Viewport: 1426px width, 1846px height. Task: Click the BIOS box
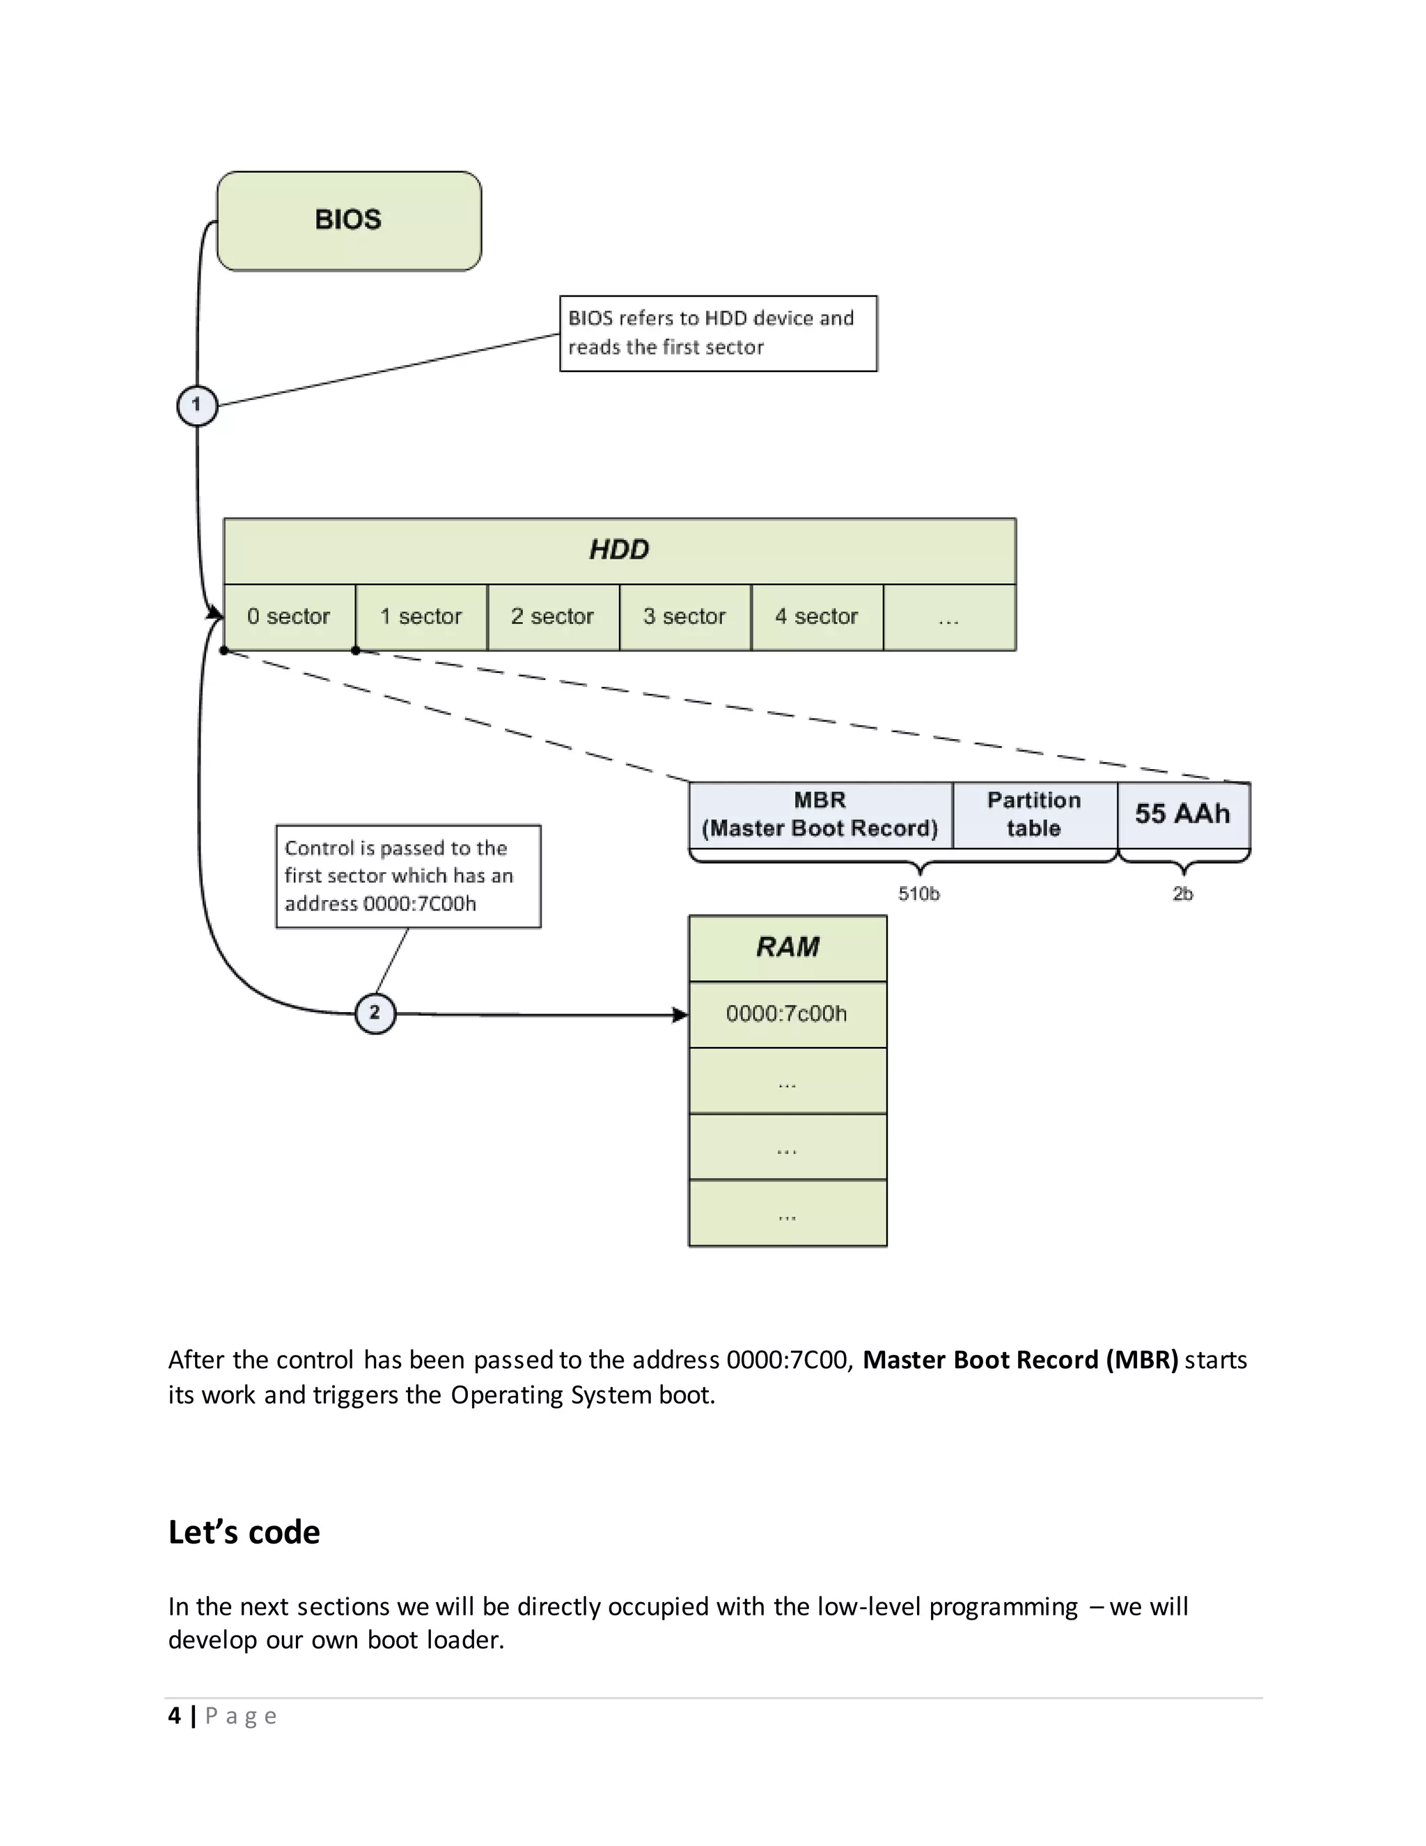point(349,221)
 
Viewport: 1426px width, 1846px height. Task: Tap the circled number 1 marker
point(197,405)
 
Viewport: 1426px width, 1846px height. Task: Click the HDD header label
point(619,550)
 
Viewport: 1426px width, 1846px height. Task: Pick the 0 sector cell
point(289,617)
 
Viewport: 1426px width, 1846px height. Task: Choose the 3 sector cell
point(684,617)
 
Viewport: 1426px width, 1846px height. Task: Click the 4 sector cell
point(816,617)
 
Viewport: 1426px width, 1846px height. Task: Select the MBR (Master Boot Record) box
point(820,815)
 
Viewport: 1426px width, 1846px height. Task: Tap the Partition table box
point(1034,815)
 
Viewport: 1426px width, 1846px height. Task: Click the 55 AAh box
point(1183,815)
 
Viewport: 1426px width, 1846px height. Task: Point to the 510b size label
point(919,894)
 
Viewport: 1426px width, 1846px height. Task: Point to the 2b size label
point(1183,894)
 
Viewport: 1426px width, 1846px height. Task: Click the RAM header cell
point(788,947)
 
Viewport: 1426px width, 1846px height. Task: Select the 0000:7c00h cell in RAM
point(788,1014)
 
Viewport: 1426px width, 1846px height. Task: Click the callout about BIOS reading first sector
point(718,333)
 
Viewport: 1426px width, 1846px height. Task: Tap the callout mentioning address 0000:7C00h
point(408,876)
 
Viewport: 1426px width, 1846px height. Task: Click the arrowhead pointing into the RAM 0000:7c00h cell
point(680,1015)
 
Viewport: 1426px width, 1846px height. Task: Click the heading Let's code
point(244,1533)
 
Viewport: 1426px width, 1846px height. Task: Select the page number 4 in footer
point(174,1716)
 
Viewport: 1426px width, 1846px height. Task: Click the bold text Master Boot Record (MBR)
point(1019,1360)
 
